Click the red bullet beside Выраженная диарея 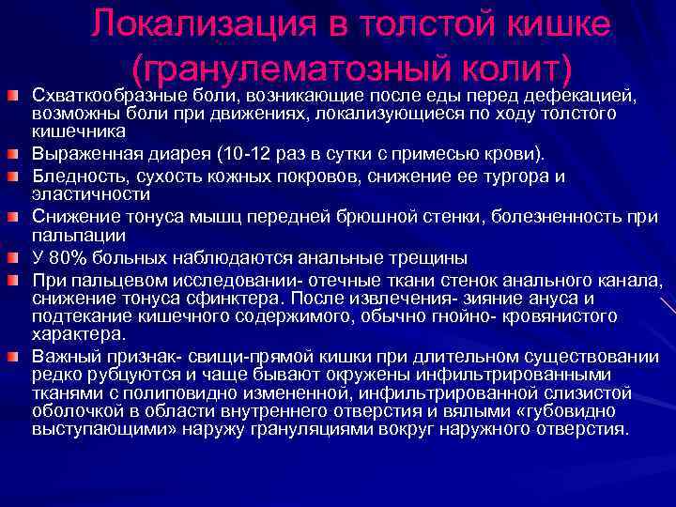[x=12, y=154]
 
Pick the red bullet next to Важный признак [x=12, y=356]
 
